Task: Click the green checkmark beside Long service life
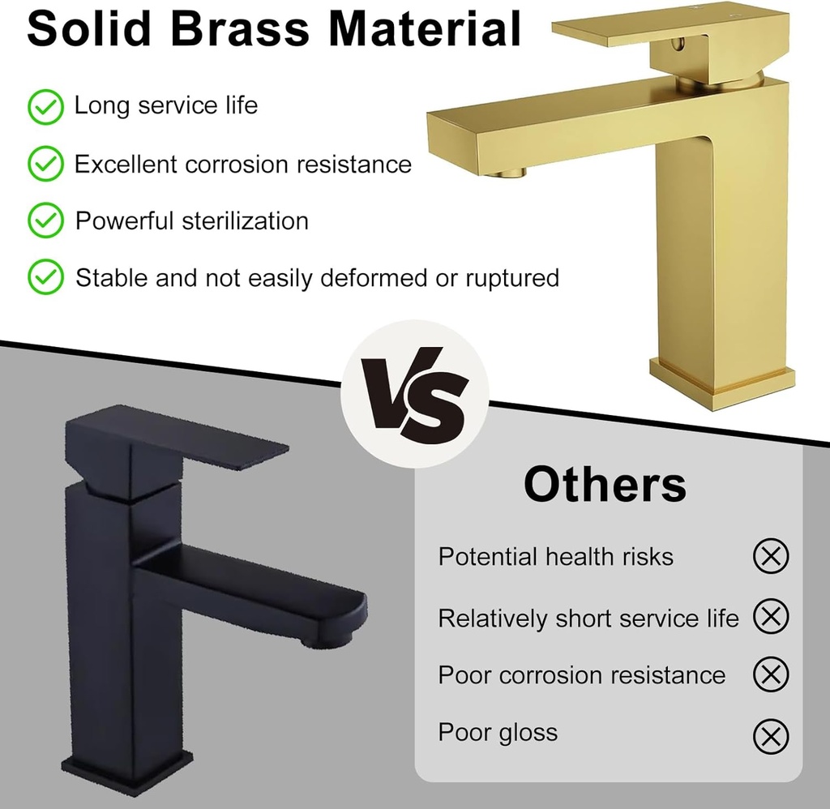(x=45, y=106)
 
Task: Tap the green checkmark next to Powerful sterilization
(x=45, y=220)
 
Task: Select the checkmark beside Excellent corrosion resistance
(x=45, y=164)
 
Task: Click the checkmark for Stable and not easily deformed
(x=45, y=278)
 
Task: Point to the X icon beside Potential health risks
(x=771, y=556)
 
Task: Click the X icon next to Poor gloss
(x=771, y=736)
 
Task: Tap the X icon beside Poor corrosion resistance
(x=771, y=674)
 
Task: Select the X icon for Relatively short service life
(x=771, y=617)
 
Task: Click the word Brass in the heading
(x=240, y=28)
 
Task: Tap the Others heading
(x=605, y=484)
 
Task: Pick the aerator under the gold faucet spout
(x=507, y=171)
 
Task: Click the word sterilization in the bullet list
(x=245, y=221)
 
